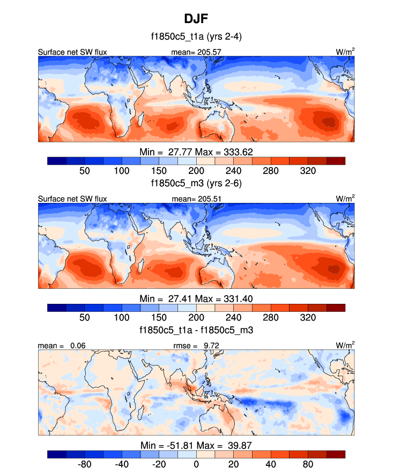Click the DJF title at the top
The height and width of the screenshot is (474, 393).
196,19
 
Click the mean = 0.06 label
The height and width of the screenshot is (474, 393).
62,345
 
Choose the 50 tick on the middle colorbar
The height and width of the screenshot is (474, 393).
84,317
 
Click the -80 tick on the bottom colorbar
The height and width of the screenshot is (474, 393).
84,464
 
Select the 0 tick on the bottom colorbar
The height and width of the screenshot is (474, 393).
196,464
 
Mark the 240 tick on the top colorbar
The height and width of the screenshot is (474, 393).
233,170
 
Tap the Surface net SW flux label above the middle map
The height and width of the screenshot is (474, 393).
72,199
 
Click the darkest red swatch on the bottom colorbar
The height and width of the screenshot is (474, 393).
336,454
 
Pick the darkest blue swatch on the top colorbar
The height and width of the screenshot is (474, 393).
57,160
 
